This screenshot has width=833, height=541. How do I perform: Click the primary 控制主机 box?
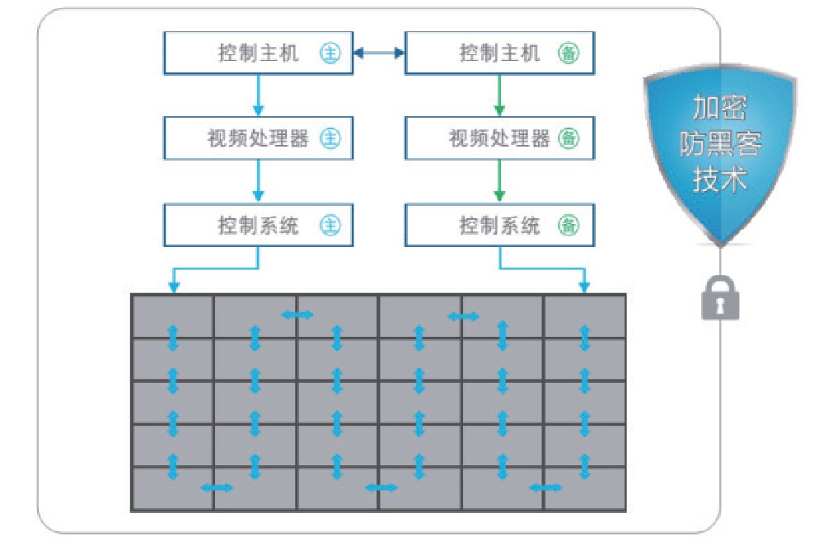point(258,54)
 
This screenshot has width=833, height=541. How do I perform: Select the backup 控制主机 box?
point(498,54)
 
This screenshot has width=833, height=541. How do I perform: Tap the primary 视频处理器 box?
point(258,138)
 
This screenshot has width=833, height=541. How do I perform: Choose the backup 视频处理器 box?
point(498,138)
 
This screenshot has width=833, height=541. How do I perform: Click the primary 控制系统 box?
point(258,225)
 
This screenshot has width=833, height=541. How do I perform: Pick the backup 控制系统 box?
point(498,225)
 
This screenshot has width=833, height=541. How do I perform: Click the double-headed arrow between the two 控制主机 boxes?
point(379,54)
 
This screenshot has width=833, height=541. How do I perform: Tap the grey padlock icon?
point(720,298)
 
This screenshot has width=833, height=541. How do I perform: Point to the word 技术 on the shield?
point(720,179)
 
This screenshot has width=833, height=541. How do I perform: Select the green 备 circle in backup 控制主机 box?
point(569,54)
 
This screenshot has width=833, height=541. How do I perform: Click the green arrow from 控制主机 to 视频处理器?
point(498,96)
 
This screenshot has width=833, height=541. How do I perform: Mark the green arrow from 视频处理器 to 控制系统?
point(498,181)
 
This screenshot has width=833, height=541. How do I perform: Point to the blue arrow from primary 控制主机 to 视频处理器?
point(258,96)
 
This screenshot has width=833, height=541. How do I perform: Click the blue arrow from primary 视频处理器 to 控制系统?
point(258,181)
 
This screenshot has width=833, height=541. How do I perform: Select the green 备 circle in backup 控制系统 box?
point(569,225)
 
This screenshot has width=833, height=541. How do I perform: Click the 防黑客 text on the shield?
point(720,145)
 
